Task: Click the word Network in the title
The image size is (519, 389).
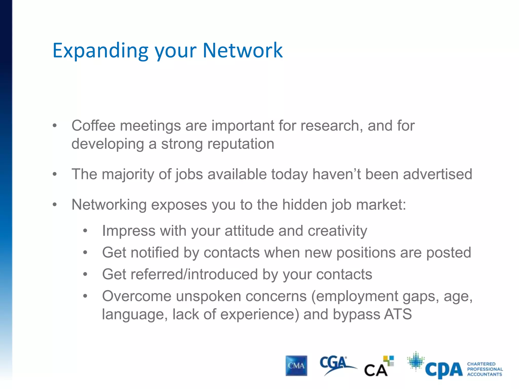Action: click(x=243, y=50)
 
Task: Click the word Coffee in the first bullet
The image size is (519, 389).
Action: click(x=94, y=126)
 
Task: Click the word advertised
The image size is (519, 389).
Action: click(x=437, y=174)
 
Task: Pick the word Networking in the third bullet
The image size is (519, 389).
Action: click(x=109, y=205)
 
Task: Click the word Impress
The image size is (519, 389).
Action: click(x=128, y=231)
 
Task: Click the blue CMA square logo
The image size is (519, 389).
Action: click(x=296, y=366)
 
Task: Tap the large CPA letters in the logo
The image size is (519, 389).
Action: click(x=444, y=370)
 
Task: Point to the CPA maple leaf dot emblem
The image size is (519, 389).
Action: click(x=416, y=361)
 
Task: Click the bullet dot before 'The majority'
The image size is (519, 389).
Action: click(x=54, y=174)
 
